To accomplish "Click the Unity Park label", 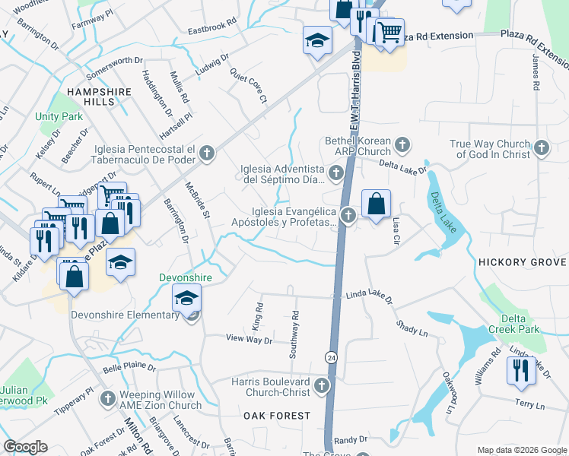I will click(59, 117).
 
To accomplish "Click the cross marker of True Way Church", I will click(542, 147).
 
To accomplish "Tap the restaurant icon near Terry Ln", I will click(521, 369).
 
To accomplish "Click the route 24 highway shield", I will click(331, 356).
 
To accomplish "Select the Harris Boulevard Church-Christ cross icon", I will click(323, 385).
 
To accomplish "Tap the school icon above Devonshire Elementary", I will click(186, 299).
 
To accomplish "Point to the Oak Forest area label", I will click(277, 416).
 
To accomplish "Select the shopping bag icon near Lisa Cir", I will click(376, 204).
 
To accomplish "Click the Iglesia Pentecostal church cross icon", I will click(206, 154).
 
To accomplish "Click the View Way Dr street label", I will click(249, 340).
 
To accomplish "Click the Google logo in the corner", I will click(25, 447).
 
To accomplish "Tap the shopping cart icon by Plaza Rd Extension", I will click(389, 33).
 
